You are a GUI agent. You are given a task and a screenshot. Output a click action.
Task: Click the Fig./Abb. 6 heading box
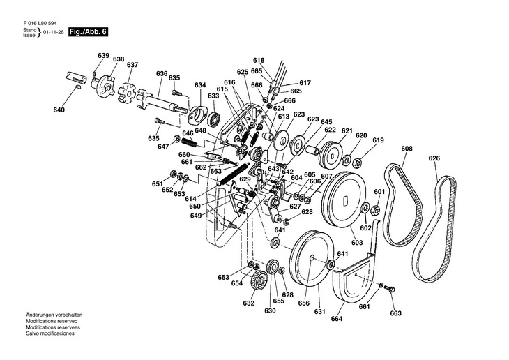[88, 32]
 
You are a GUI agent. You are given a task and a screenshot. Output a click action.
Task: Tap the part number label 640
[59, 110]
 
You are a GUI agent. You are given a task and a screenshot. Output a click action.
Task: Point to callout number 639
[103, 56]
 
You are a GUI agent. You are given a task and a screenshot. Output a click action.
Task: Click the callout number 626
[434, 158]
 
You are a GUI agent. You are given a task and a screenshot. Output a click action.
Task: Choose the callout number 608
[407, 148]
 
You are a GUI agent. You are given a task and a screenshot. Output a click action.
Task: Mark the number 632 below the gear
[248, 303]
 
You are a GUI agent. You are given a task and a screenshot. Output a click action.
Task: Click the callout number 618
[259, 61]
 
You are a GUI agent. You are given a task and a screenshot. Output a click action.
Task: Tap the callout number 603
[356, 243]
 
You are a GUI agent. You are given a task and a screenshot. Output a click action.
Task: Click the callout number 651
[158, 184]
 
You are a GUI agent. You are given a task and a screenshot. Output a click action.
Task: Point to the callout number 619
[378, 140]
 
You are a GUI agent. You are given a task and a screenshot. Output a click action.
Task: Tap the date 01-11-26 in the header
[54, 33]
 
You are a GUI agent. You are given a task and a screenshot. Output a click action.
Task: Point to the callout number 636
[162, 73]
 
